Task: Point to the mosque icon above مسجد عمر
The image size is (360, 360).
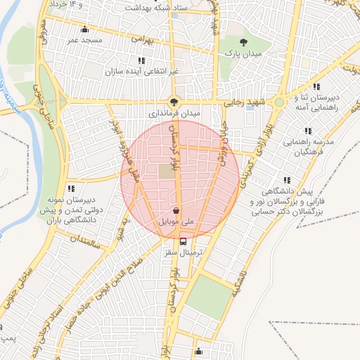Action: [x=85, y=30]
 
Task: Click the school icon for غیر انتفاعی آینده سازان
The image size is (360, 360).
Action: [x=142, y=60]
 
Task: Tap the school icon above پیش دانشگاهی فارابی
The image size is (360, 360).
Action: [x=285, y=180]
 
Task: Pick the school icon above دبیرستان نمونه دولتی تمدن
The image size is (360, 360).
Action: [x=71, y=188]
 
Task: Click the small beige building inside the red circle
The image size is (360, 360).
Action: [x=165, y=171]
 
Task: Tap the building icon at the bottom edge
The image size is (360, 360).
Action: [x=199, y=352]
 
